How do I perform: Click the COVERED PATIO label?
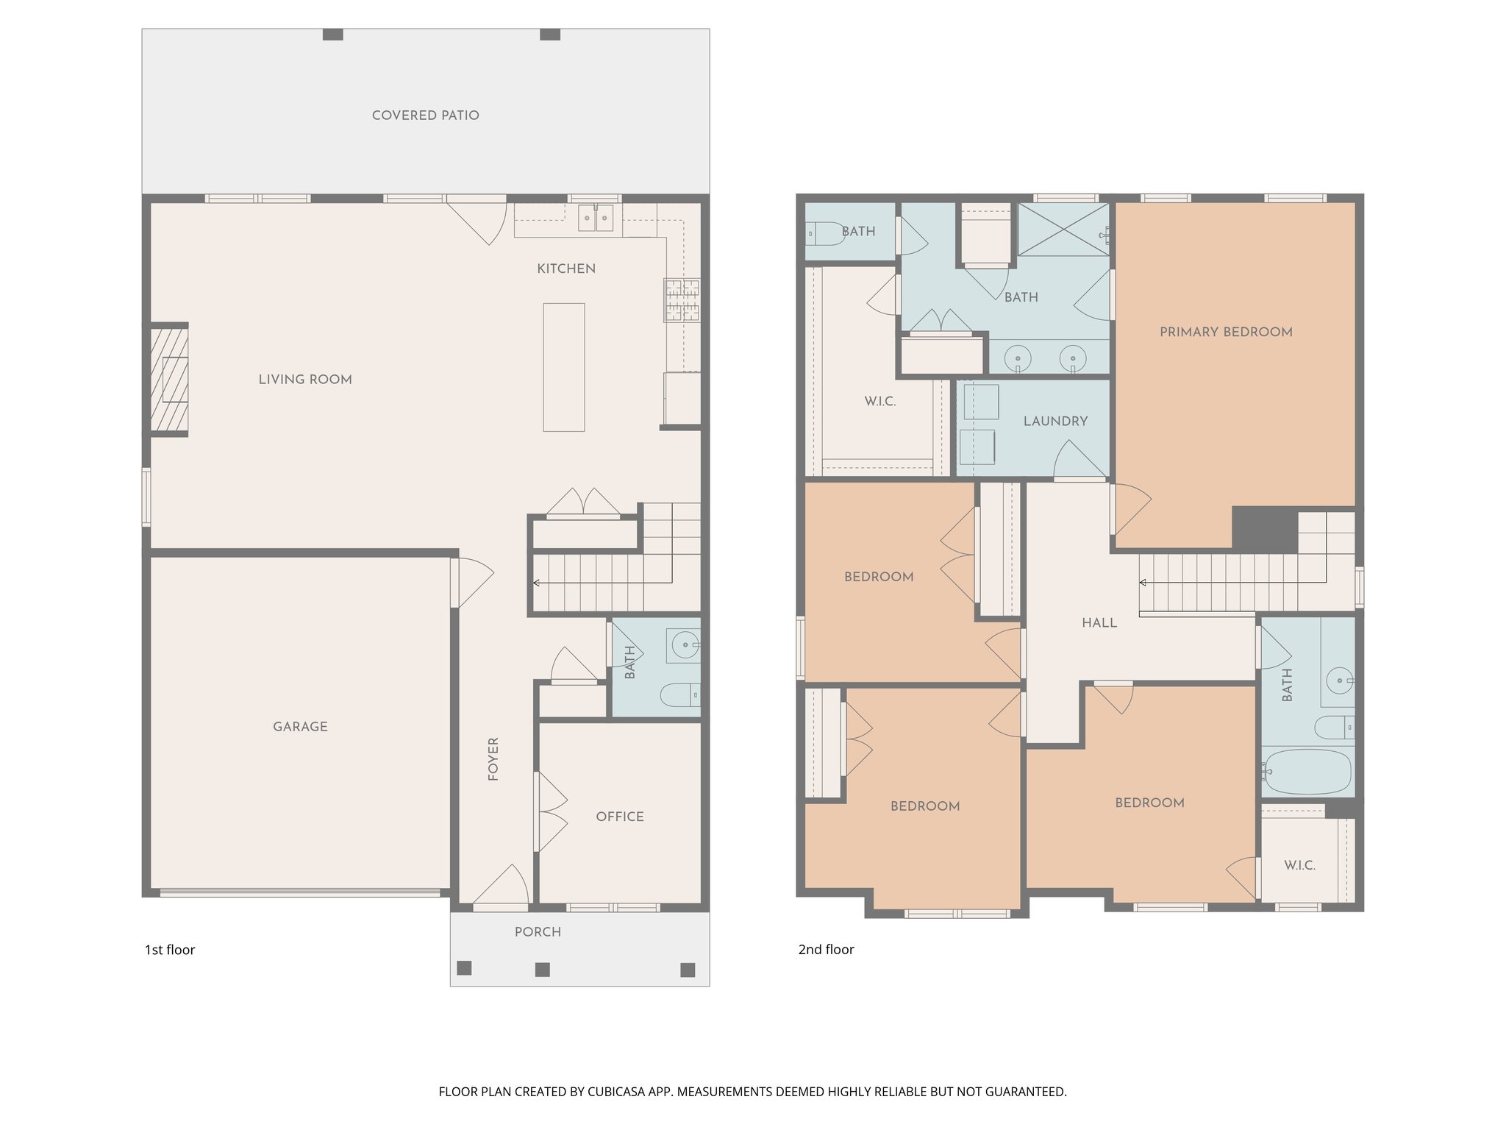(425, 116)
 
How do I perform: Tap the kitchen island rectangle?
(564, 367)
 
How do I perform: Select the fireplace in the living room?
(170, 380)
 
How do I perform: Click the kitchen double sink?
(596, 218)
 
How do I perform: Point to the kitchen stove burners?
(682, 300)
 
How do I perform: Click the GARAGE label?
(300, 727)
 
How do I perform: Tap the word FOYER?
(493, 758)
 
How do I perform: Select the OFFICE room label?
(620, 817)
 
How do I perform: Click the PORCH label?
(538, 932)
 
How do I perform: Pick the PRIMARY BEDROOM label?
(1226, 333)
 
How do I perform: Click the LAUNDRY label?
(1055, 422)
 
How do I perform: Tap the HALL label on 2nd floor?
(1099, 623)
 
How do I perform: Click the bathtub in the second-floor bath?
(1308, 772)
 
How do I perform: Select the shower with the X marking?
(1063, 230)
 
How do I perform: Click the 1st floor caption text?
(170, 950)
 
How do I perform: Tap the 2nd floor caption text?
(826, 950)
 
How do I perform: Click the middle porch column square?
(542, 970)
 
